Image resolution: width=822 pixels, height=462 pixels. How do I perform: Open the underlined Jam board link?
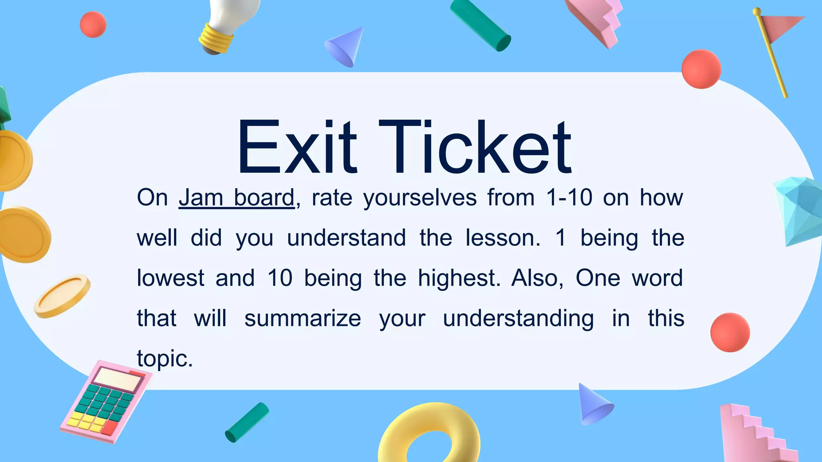pyautogui.click(x=236, y=198)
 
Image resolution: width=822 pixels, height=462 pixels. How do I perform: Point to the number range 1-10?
pyautogui.click(x=569, y=198)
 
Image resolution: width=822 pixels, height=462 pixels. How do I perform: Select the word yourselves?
pyautogui.click(x=420, y=199)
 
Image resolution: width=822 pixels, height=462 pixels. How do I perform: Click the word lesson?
pyautogui.click(x=503, y=238)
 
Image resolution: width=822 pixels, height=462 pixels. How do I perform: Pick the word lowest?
pyautogui.click(x=171, y=278)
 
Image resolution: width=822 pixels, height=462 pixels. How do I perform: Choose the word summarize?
pyautogui.click(x=303, y=318)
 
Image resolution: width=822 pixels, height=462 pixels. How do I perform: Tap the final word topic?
pyautogui.click(x=165, y=359)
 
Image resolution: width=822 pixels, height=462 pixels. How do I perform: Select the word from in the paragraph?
pyautogui.click(x=511, y=198)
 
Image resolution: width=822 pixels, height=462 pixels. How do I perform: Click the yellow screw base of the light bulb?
pyautogui.click(x=217, y=38)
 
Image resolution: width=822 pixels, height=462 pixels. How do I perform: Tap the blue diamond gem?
pyautogui.click(x=799, y=211)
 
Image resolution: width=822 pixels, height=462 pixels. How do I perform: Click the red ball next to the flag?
pyautogui.click(x=701, y=69)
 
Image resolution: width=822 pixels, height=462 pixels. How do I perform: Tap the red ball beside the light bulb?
pyautogui.click(x=93, y=24)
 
